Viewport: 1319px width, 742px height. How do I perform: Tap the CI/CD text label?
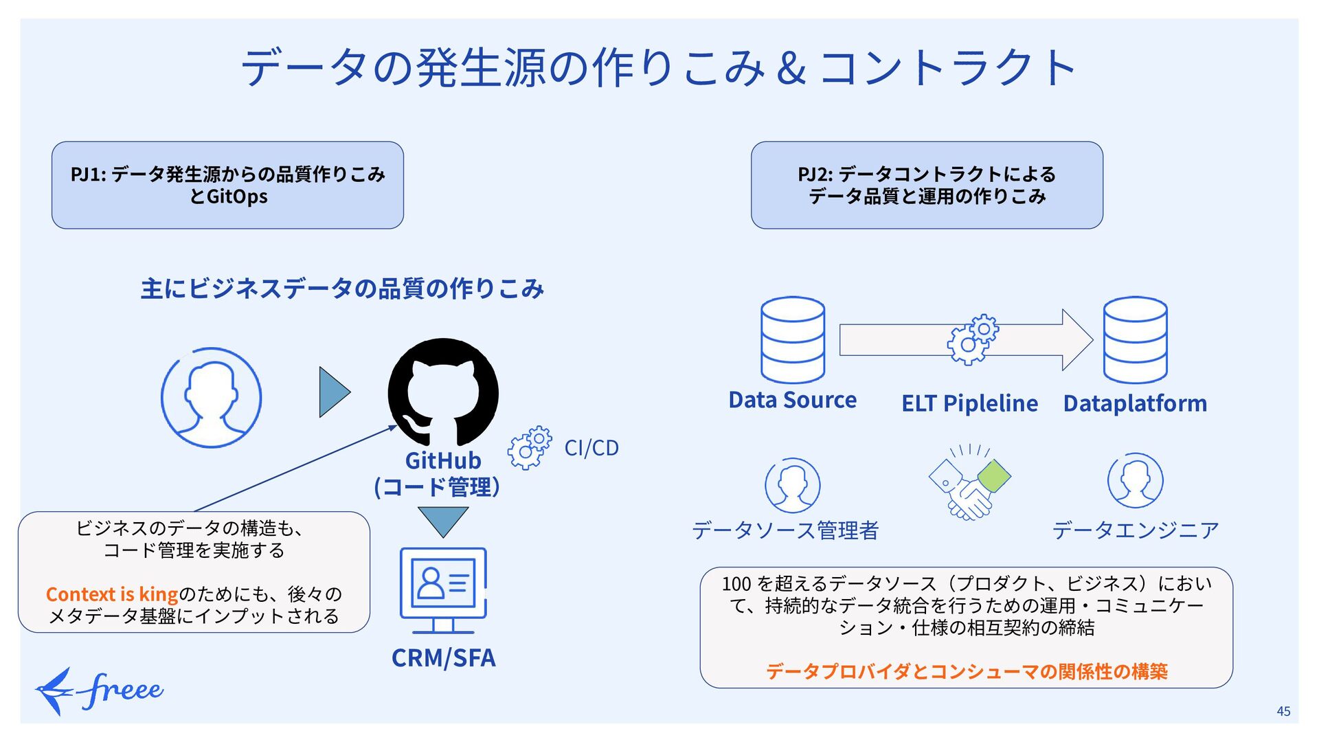point(591,448)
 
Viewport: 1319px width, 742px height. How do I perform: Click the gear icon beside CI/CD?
point(530,447)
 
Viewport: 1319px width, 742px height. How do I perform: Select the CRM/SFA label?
point(443,657)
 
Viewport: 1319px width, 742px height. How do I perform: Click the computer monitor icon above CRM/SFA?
point(443,590)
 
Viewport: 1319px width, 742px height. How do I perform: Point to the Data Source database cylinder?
point(793,340)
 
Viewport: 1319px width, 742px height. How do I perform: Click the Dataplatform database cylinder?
point(1135,340)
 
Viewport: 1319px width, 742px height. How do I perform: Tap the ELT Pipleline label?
point(969,403)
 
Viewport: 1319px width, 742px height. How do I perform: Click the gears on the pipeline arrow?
point(973,339)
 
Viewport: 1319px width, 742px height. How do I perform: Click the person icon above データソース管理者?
point(792,485)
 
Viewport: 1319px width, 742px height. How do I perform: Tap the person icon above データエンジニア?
point(1135,480)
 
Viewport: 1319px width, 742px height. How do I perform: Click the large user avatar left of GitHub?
point(211,398)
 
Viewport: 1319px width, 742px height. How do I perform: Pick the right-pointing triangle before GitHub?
point(335,392)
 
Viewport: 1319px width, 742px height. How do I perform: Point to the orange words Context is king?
point(112,594)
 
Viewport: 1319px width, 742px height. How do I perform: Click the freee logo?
point(100,690)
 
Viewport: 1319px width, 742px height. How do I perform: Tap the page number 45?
point(1283,711)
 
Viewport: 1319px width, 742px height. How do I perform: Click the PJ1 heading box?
point(227,185)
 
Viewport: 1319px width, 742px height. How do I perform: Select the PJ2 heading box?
point(927,185)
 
